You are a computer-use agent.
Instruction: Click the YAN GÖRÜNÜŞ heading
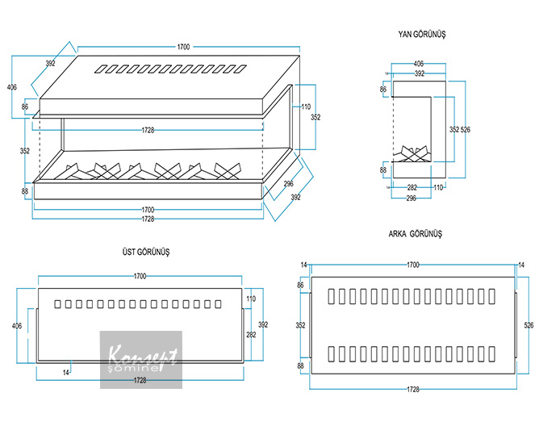(x=422, y=36)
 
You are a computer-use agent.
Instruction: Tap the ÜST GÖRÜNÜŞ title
(x=145, y=252)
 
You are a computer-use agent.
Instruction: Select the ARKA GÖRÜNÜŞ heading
(x=415, y=234)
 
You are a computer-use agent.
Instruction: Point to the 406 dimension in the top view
(x=18, y=326)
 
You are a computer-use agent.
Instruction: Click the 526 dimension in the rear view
(x=529, y=326)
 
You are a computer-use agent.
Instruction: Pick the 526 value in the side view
(x=466, y=129)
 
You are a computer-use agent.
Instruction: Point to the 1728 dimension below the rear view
(x=413, y=389)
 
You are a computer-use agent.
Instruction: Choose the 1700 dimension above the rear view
(x=413, y=264)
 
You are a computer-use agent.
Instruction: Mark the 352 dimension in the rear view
(x=301, y=326)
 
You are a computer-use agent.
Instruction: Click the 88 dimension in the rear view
(x=301, y=366)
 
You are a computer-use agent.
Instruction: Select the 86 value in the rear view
(x=301, y=286)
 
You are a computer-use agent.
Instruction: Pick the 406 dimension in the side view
(x=418, y=63)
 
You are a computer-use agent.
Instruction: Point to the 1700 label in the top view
(x=140, y=277)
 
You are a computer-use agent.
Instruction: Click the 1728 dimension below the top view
(x=140, y=379)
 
